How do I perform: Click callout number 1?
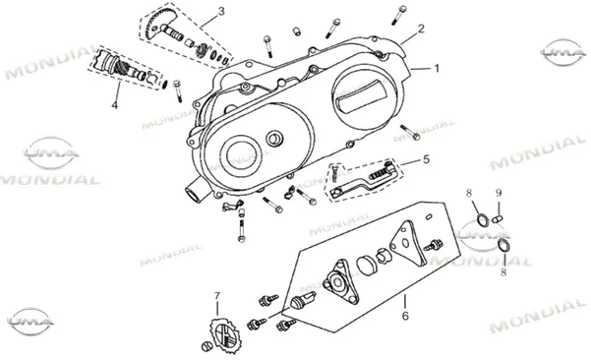pos(437,69)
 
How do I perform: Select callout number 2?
pos(421,29)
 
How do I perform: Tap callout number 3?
pos(221,11)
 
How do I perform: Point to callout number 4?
pos(115,104)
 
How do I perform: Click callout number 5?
pos(426,159)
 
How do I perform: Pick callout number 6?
pos(405,316)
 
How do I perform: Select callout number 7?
pos(216,296)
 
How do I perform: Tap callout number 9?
pos(499,194)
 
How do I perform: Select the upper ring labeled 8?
pos(484,220)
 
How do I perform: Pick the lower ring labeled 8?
pos(504,245)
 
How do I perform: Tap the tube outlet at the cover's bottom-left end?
pos(195,192)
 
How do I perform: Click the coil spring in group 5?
pos(378,174)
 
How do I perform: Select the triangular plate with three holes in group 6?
pos(408,244)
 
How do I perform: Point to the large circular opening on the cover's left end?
pos(244,154)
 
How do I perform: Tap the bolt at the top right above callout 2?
pos(398,15)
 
